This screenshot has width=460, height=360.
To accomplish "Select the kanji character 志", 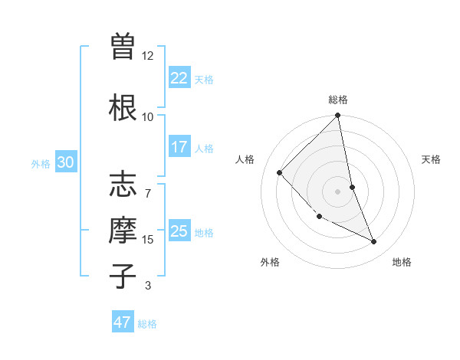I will (x=123, y=185).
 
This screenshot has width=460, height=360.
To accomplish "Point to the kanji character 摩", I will (x=123, y=230).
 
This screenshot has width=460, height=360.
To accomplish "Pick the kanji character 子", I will (x=123, y=274).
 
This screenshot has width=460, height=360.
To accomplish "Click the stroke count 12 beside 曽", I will (x=148, y=55).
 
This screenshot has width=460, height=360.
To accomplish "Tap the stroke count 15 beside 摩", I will (x=148, y=240).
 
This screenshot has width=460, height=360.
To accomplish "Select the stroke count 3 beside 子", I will (x=148, y=286).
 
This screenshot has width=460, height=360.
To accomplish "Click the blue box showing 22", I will (x=179, y=78).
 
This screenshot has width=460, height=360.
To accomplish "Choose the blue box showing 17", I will (x=179, y=147).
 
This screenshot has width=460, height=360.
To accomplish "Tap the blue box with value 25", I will (x=179, y=231).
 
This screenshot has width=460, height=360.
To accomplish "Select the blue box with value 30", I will (x=65, y=162).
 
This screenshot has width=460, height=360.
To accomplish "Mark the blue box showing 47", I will (x=123, y=322).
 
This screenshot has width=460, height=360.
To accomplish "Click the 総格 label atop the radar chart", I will (x=338, y=100).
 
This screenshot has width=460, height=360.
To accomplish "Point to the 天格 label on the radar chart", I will (x=431, y=159).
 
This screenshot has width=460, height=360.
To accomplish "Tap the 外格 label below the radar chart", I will (x=270, y=263).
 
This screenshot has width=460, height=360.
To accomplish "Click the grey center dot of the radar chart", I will (x=338, y=191).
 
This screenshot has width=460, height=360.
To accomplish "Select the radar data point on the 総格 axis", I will (x=338, y=116).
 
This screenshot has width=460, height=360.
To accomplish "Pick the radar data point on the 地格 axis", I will (x=374, y=241).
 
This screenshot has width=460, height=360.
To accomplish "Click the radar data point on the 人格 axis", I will (x=280, y=172).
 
